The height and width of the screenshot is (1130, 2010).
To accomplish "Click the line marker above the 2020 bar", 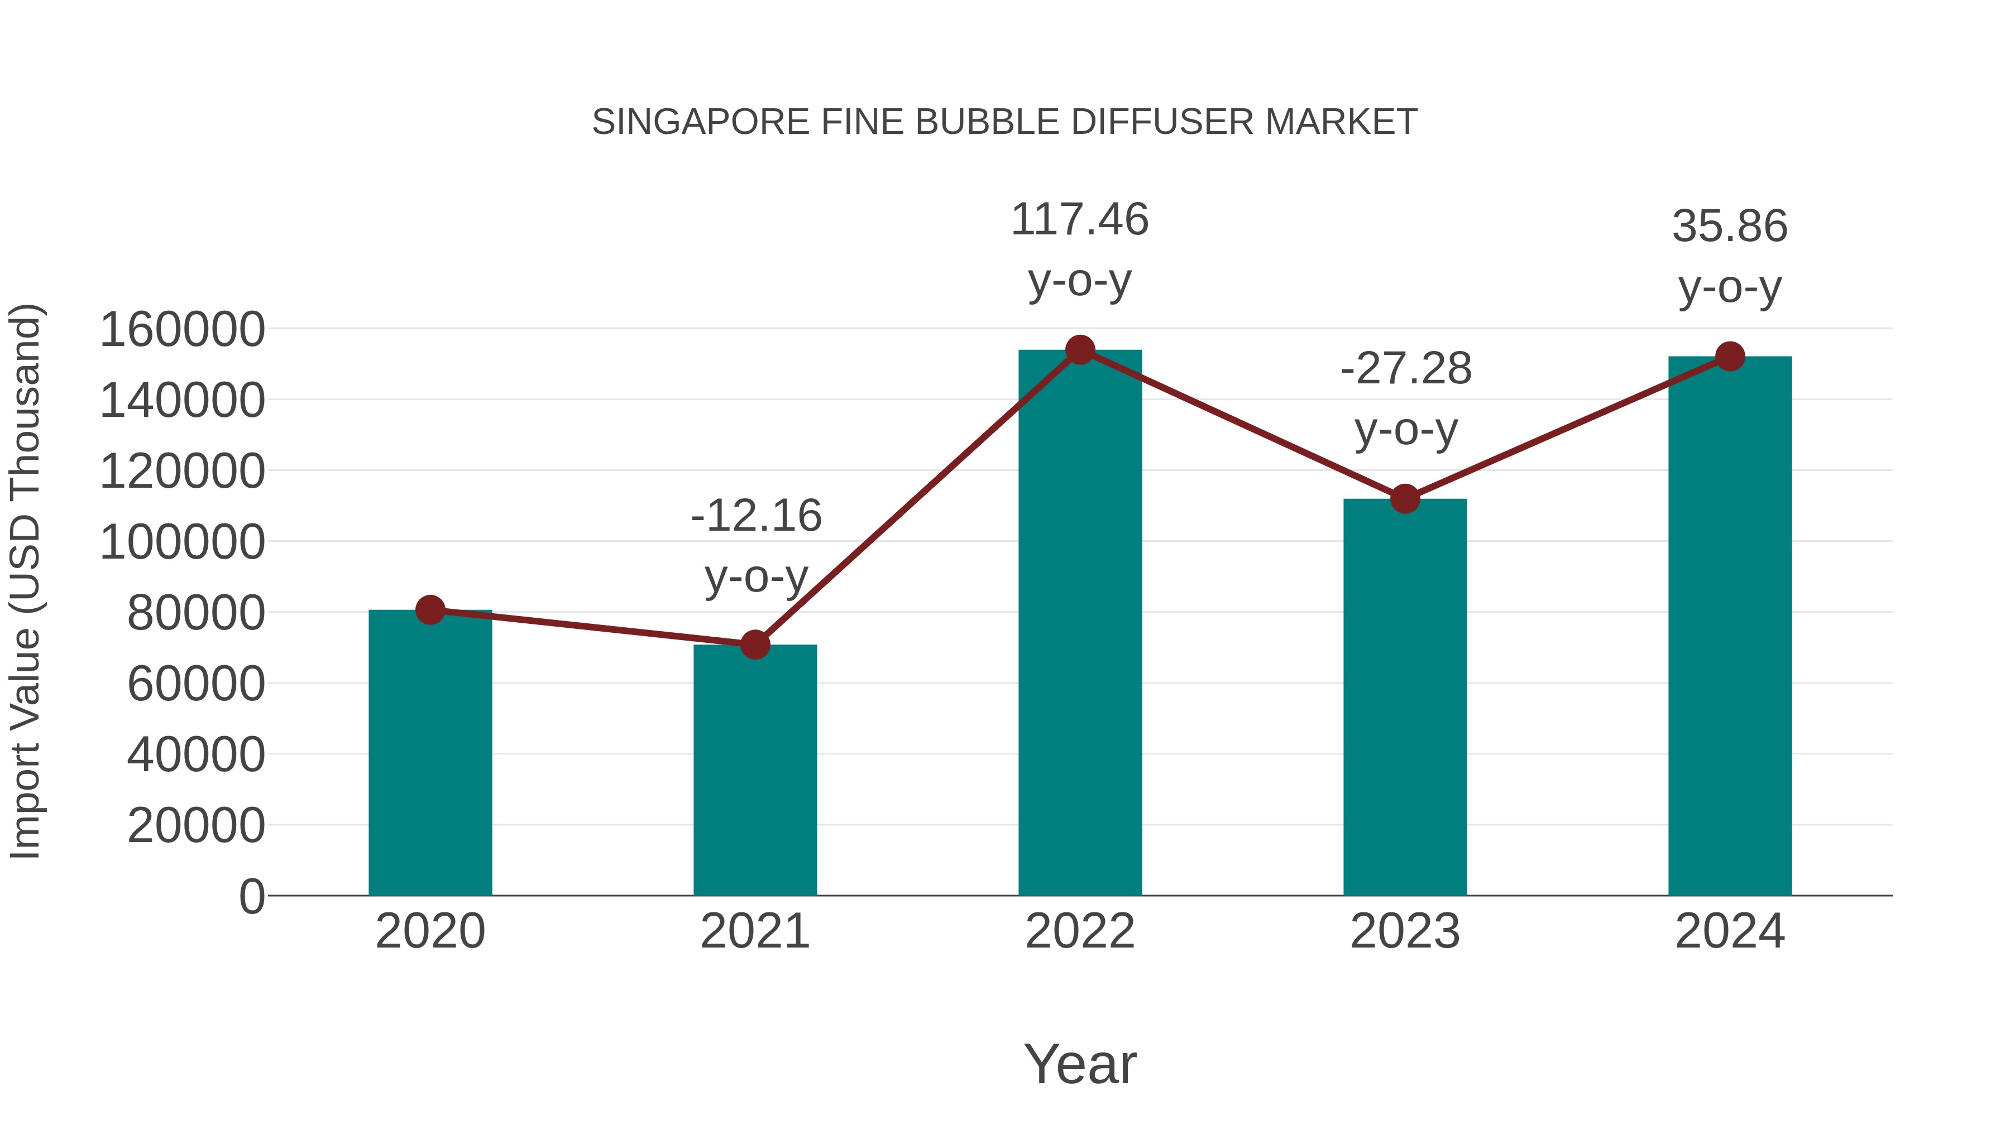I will coord(430,610).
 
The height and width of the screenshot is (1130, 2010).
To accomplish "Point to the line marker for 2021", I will coord(754,645).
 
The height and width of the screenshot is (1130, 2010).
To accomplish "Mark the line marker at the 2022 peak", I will coord(1080,350).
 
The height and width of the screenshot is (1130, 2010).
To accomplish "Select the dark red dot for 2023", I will coord(1405,499).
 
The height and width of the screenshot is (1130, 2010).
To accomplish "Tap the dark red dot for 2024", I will coord(1730,357).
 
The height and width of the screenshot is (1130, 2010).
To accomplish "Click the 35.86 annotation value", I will coord(1730,226).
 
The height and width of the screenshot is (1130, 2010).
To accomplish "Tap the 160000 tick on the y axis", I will coord(183,329).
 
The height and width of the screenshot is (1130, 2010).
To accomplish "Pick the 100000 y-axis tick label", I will coord(183,542).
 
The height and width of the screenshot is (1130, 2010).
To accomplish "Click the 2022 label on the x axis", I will coord(1080,931).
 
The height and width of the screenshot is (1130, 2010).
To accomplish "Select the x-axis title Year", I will coord(1080,1064).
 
